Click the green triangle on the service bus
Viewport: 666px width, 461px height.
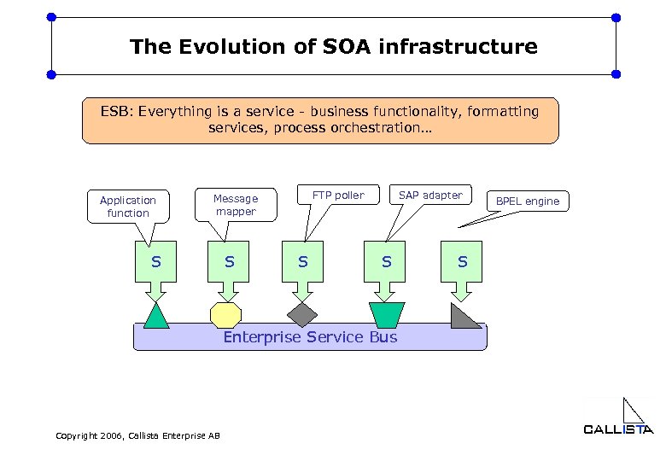[156, 317]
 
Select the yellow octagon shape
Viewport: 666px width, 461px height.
[226, 315]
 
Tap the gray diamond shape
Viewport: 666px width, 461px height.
[301, 314]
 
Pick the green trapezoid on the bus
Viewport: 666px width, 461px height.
[386, 314]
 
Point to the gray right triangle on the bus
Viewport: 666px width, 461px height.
[463, 318]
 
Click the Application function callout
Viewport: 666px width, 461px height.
[128, 207]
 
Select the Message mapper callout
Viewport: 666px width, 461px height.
[236, 205]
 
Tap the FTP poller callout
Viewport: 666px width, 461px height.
[338, 195]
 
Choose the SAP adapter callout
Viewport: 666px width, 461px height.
[430, 195]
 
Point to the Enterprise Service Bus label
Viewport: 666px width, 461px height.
[310, 337]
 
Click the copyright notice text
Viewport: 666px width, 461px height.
[137, 435]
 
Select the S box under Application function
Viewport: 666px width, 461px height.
[156, 261]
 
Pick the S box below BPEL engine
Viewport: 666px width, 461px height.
[462, 261]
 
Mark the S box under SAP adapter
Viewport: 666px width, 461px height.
[387, 261]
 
